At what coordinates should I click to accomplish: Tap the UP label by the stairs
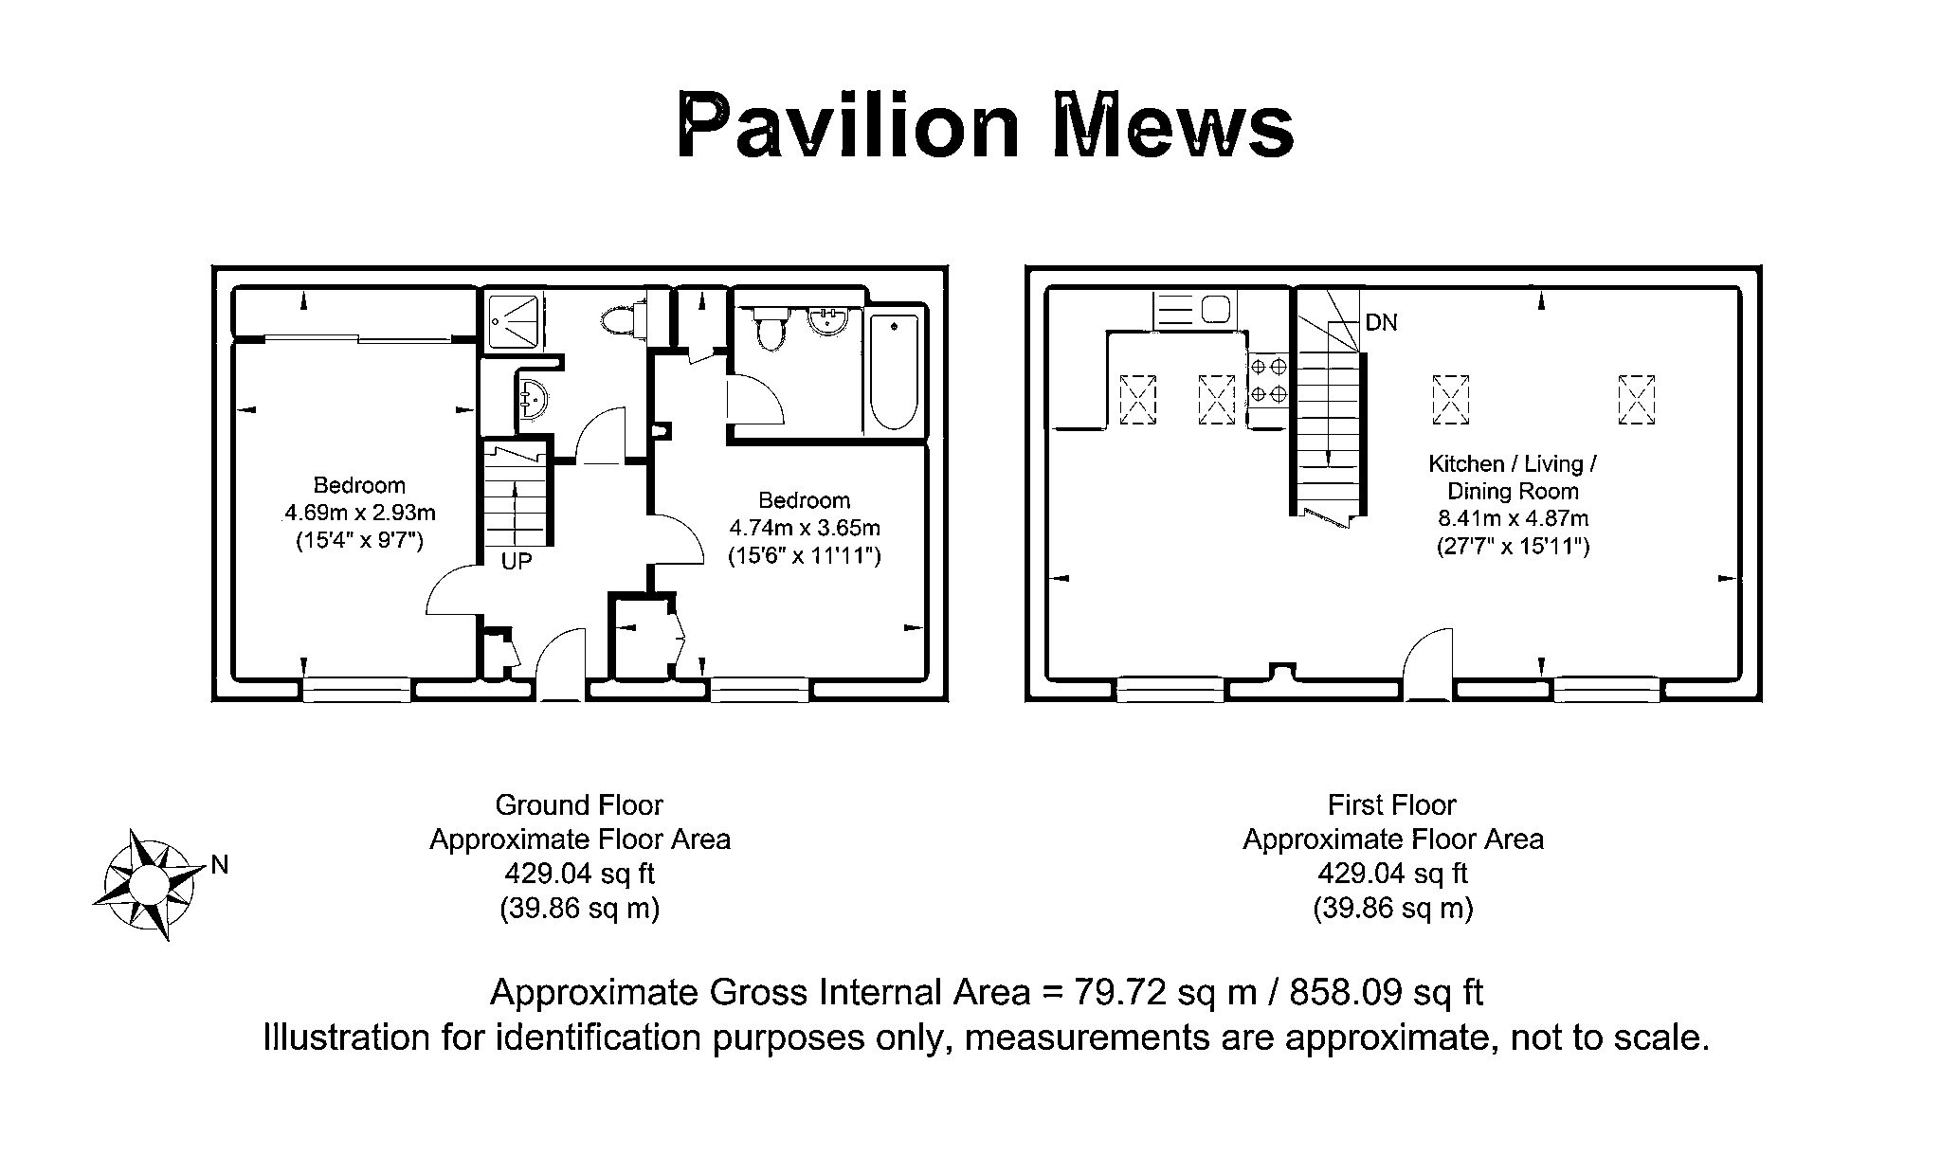(517, 562)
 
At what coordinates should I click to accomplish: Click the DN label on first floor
(1382, 323)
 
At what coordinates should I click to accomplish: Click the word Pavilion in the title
(848, 126)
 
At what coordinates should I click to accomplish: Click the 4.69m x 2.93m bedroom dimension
(360, 514)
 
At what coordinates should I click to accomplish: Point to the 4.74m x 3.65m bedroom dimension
(805, 528)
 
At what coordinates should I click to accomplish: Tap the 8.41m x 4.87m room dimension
(1514, 518)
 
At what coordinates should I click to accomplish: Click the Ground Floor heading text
(579, 805)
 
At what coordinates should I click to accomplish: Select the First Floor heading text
(1391, 805)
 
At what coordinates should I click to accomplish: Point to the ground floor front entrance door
(562, 664)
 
